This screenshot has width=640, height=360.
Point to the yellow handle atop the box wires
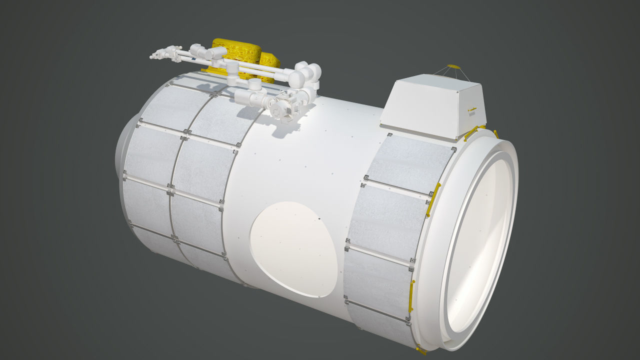[453, 66]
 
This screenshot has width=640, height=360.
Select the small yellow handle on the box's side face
[472, 109]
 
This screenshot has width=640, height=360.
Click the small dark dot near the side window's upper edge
[318, 218]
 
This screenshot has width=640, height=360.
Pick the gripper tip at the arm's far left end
[155, 56]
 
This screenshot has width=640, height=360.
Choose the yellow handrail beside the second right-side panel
[433, 200]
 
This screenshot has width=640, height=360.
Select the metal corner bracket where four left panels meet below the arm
[186, 131]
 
